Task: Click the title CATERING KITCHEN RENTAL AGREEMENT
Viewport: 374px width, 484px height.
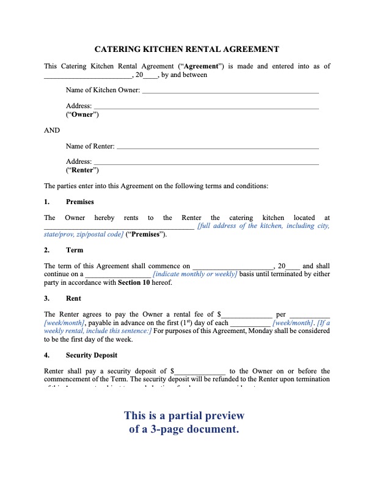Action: click(187, 50)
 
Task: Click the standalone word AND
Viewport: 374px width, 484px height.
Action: click(52, 130)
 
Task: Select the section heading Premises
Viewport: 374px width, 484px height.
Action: click(79, 202)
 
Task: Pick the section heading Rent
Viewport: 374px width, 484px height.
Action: click(73, 299)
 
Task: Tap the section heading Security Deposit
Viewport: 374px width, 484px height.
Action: click(91, 355)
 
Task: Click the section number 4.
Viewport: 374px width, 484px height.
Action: click(47, 355)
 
